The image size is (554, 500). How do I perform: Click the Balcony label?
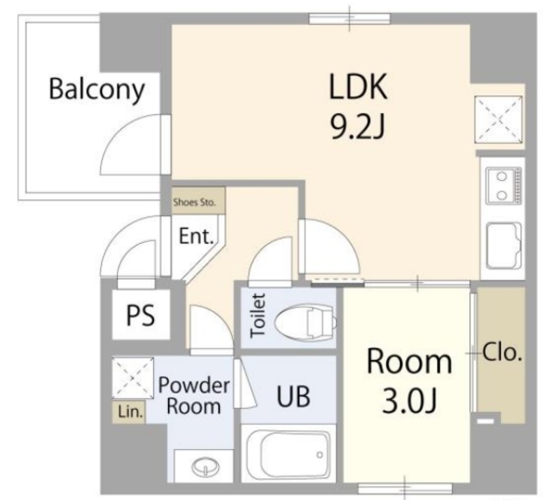(96, 90)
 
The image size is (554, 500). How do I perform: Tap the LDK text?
(358, 86)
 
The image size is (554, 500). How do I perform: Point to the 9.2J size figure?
(358, 127)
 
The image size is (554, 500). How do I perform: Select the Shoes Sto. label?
(194, 202)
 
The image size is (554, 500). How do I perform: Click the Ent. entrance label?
(196, 236)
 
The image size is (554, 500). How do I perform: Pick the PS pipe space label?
(140, 315)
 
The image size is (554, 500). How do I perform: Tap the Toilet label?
(258, 316)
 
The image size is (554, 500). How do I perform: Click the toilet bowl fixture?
(306, 322)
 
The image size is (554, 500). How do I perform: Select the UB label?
(293, 396)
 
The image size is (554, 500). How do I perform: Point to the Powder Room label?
(194, 395)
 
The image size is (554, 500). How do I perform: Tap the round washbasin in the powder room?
(205, 466)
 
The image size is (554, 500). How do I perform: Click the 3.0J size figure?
(409, 402)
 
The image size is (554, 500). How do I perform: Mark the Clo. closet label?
(502, 352)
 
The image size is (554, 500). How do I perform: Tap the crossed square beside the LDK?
(499, 119)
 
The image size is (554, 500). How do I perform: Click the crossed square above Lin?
(132, 378)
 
